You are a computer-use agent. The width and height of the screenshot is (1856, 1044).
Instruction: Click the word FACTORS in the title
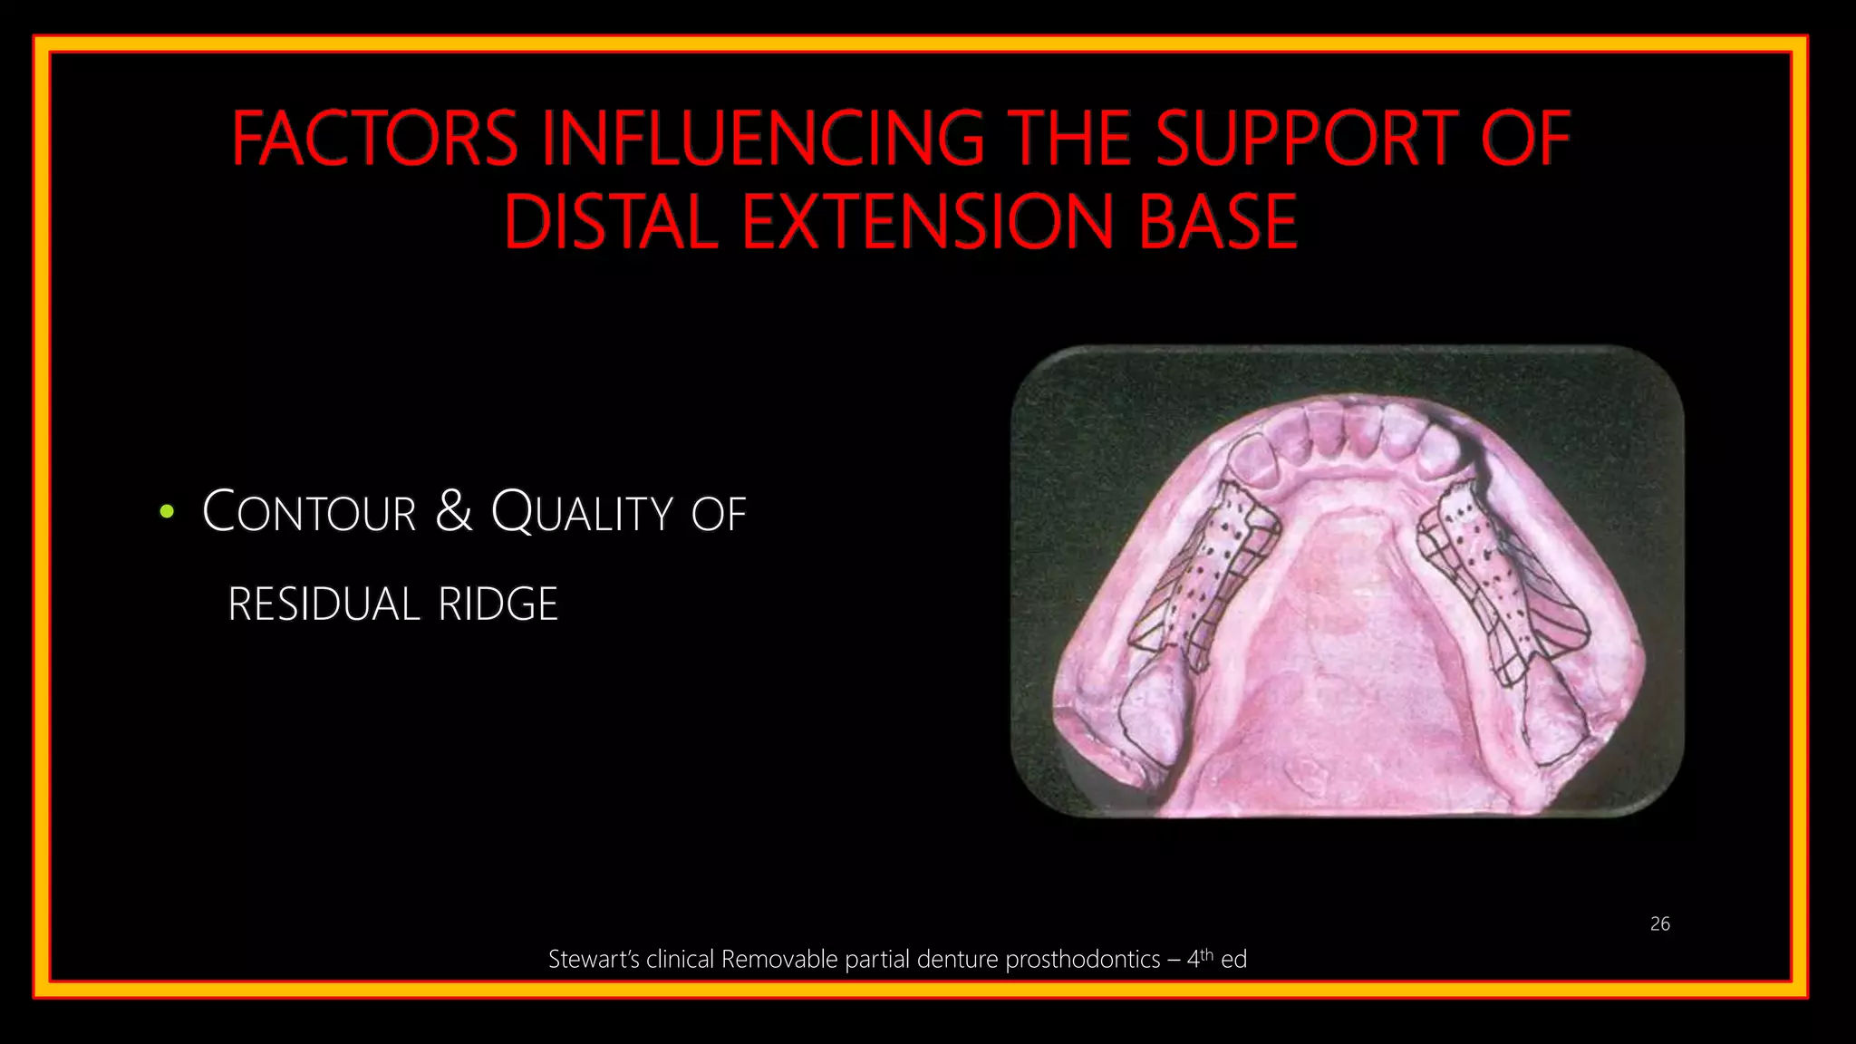374,139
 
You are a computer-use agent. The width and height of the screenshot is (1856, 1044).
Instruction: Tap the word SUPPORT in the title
1306,139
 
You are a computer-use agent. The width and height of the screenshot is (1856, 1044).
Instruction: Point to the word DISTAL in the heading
611,222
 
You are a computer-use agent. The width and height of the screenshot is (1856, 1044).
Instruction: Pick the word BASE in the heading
1218,222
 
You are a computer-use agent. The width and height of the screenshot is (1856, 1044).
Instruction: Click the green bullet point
166,512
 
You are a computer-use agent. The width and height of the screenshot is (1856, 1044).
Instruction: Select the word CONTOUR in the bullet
309,512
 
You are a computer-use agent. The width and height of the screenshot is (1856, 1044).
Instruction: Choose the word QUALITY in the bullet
582,512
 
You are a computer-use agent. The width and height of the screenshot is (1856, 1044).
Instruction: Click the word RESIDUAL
324,604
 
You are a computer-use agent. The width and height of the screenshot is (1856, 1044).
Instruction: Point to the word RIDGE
498,604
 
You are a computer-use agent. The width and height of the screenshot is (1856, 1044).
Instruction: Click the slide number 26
1659,923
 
